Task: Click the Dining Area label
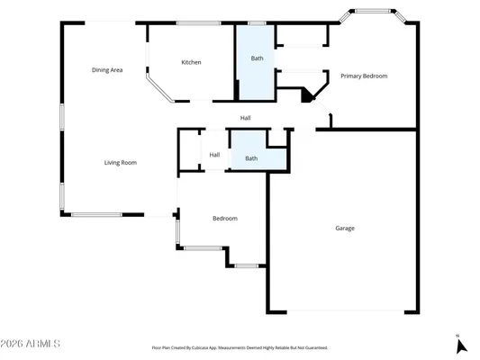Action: pos(107,69)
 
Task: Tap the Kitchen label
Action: pos(191,62)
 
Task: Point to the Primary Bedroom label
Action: pos(364,76)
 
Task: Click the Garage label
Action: pos(345,228)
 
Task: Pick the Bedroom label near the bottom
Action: pos(224,219)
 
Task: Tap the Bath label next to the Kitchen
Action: pos(257,58)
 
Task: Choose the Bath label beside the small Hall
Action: pos(251,158)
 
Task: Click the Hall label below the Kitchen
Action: pos(245,118)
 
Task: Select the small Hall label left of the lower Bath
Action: pos(214,155)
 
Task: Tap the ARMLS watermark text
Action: pos(32,343)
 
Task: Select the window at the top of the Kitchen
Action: pos(192,23)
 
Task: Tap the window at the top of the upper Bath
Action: pos(257,23)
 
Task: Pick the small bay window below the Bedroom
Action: pos(246,265)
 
